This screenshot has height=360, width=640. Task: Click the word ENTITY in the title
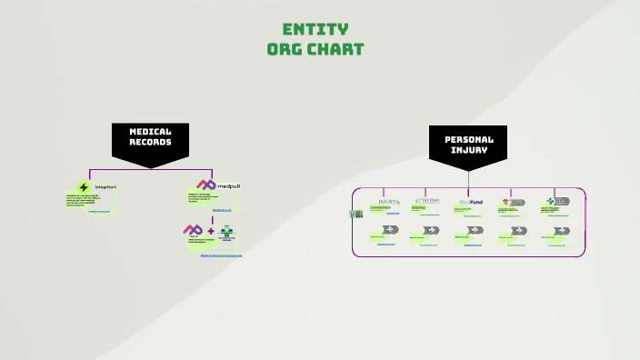point(315,29)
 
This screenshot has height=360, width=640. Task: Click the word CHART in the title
point(337,48)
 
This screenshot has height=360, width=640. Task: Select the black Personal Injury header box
point(468,144)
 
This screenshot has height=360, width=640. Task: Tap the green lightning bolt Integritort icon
point(84,187)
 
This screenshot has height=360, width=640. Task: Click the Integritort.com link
point(99,211)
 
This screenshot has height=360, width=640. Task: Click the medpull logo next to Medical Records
point(218,185)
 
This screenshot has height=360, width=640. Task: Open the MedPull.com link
point(223,210)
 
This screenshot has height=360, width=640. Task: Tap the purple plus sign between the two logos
point(211,231)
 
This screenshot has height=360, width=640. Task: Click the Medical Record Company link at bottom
point(222,255)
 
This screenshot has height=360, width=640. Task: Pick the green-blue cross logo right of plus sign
point(226,232)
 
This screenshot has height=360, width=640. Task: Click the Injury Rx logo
point(389,202)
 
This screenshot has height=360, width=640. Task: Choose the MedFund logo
point(470,202)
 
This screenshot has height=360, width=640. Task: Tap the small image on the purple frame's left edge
point(356,214)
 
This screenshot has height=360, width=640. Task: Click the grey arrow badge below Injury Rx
point(390,230)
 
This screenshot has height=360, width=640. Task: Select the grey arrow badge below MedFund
point(474,230)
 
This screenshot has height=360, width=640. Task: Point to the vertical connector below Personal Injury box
point(468,177)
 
